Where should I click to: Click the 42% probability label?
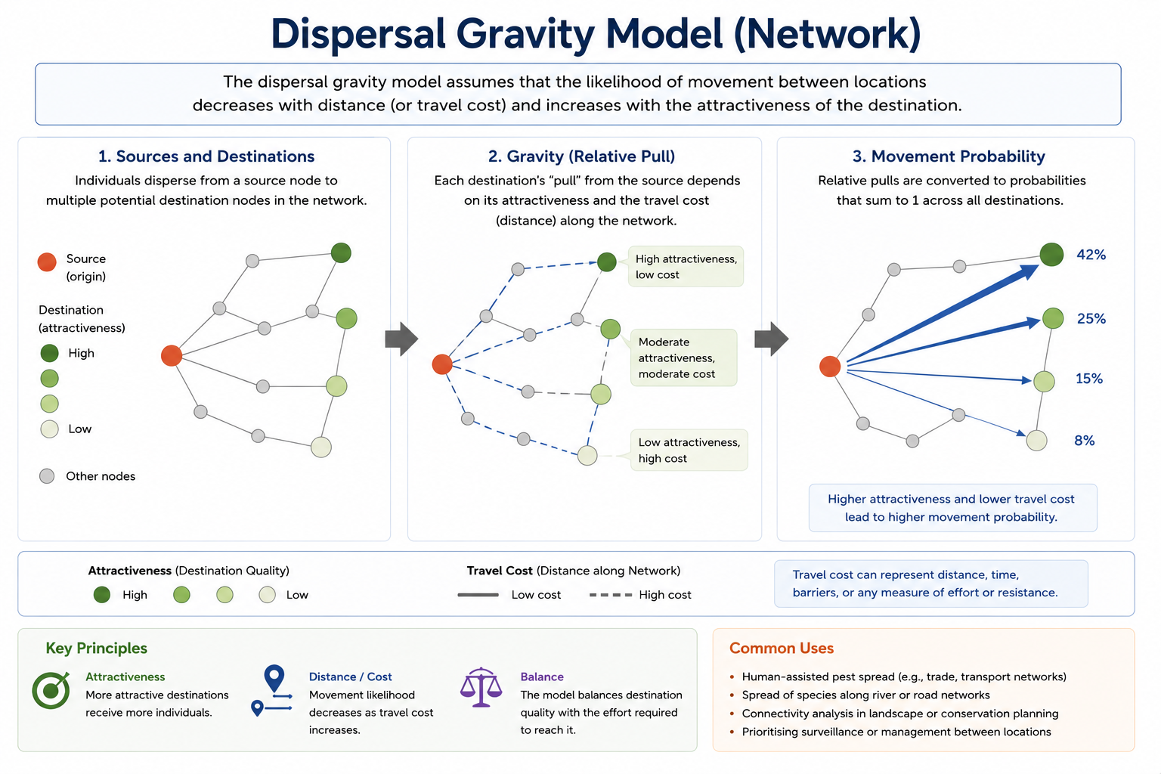pyautogui.click(x=1091, y=255)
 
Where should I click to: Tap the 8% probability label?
pyautogui.click(x=1085, y=441)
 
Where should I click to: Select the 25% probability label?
pyautogui.click(x=1091, y=318)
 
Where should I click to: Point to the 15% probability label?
pyautogui.click(x=1089, y=379)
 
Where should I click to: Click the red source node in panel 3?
pyautogui.click(x=830, y=367)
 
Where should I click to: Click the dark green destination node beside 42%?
pyautogui.click(x=1051, y=255)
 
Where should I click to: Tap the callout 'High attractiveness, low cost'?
pyautogui.click(x=686, y=267)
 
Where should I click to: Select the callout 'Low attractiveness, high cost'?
pyautogui.click(x=689, y=450)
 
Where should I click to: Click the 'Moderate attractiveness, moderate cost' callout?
pyautogui.click(x=683, y=358)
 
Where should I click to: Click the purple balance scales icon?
pyautogui.click(x=481, y=687)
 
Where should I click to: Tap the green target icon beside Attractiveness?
pyautogui.click(x=51, y=690)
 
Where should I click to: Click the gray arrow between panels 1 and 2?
pyautogui.click(x=401, y=339)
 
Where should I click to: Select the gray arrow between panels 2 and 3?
pyautogui.click(x=771, y=339)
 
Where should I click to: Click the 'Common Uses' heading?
pyautogui.click(x=781, y=648)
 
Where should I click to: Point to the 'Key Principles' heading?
pyautogui.click(x=97, y=648)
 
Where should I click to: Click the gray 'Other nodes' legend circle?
pyautogui.click(x=47, y=476)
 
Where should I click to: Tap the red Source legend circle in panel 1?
pyautogui.click(x=47, y=262)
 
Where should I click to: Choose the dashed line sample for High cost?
pyautogui.click(x=611, y=595)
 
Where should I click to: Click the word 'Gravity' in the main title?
pyautogui.click(x=525, y=34)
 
